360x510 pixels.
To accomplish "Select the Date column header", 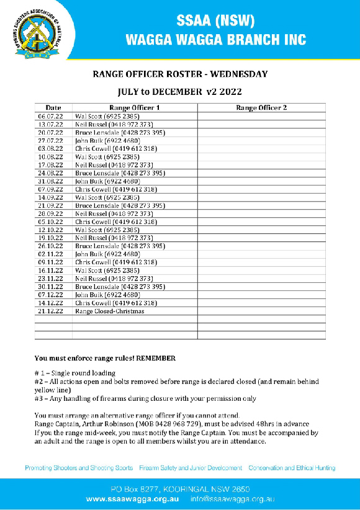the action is [53, 107].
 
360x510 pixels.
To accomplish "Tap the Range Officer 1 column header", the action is [134, 107].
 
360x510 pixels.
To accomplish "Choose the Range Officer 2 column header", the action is [261, 107].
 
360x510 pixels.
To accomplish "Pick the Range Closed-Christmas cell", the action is [110, 311].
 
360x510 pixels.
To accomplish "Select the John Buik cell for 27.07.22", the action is [107, 141].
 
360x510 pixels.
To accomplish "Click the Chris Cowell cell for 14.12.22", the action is [115, 303].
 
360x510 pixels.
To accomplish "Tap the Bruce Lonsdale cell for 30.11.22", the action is [120, 287].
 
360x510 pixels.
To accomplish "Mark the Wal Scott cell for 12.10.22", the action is [107, 230].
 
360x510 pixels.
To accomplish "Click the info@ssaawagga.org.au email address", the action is [233, 498].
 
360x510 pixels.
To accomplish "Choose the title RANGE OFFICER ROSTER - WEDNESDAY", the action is [180, 74].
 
